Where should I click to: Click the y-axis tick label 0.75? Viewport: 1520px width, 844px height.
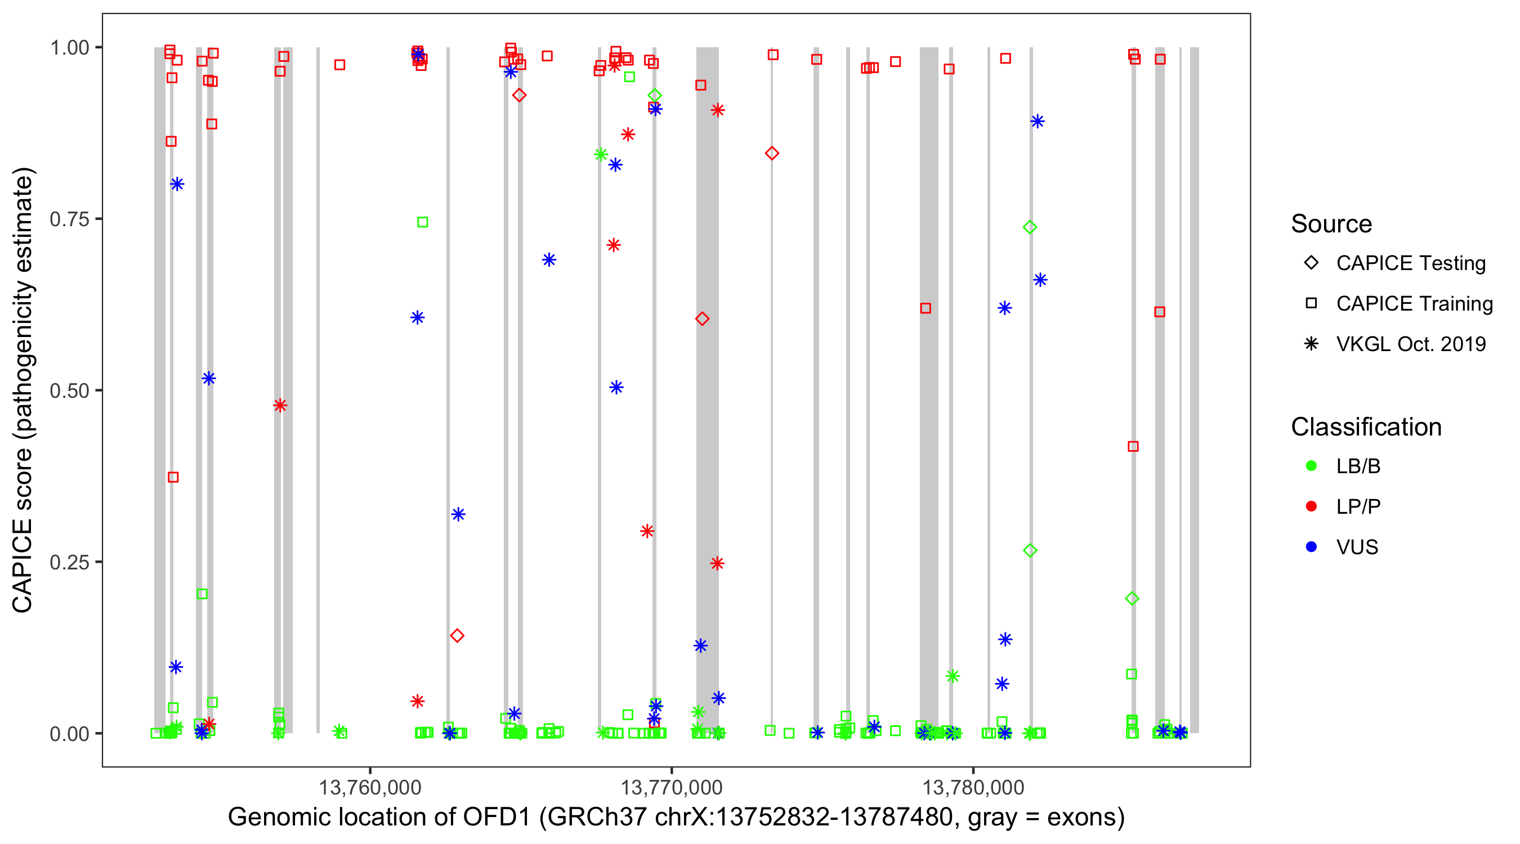click(x=69, y=219)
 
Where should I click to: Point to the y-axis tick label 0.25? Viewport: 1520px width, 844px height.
click(x=69, y=562)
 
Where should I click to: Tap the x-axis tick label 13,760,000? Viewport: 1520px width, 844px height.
click(x=370, y=787)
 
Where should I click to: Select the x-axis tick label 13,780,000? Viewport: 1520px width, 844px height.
click(x=973, y=787)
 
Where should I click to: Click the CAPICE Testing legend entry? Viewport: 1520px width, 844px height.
click(x=1410, y=263)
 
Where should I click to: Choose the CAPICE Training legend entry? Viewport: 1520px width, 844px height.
click(x=1414, y=304)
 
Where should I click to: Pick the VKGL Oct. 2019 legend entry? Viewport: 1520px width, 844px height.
click(x=1410, y=344)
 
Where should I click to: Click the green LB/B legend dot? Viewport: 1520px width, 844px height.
click(x=1311, y=466)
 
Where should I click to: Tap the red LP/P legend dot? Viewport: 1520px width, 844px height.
click(x=1311, y=506)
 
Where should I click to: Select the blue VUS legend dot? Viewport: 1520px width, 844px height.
click(x=1311, y=547)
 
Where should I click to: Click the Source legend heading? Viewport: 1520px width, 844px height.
click(x=1331, y=224)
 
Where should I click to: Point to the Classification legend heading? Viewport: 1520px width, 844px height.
click(x=1365, y=427)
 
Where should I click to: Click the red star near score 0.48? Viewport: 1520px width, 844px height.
click(x=280, y=405)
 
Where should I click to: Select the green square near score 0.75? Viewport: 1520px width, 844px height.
click(x=422, y=222)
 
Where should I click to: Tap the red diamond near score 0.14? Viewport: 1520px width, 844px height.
click(x=457, y=636)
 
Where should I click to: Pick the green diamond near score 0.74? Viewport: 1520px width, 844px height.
click(x=1030, y=228)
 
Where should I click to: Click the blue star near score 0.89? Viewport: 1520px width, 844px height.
click(x=1038, y=122)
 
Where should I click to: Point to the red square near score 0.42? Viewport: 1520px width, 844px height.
click(x=1133, y=447)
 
